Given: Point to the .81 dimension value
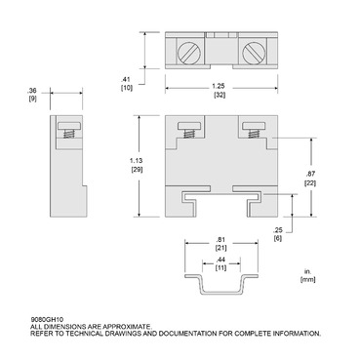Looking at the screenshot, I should [x=223, y=240].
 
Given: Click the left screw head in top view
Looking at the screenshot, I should [x=187, y=48].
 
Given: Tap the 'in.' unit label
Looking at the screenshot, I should [x=305, y=271].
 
